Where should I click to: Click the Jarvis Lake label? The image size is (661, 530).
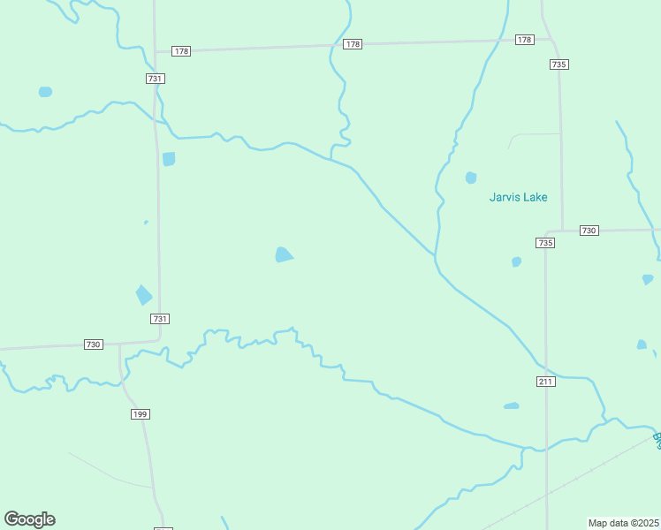[x=518, y=197]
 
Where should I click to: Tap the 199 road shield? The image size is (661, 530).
[x=140, y=413]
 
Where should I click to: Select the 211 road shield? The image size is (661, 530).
[x=545, y=381]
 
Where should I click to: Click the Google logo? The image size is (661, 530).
[x=29, y=519]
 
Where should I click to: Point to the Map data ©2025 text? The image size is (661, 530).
[x=623, y=523]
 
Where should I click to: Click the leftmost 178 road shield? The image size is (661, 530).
[x=181, y=51]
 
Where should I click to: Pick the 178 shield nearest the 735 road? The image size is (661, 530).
[x=525, y=40]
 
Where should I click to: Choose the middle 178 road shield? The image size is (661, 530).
[x=353, y=44]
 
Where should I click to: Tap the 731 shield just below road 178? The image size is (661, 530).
[x=156, y=79]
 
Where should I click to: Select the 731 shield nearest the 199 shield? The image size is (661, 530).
[x=160, y=319]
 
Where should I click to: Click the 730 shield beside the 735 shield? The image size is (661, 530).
[x=589, y=231]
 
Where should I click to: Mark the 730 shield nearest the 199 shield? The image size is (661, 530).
[x=94, y=344]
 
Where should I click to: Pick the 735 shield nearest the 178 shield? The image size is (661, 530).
[x=558, y=64]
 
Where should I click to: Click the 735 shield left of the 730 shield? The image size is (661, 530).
[x=545, y=243]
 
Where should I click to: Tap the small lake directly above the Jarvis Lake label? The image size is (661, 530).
[x=471, y=178]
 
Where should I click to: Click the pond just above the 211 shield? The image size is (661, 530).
[x=511, y=406]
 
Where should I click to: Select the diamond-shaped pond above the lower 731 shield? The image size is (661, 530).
[x=143, y=295]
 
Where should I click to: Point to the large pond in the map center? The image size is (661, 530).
[x=283, y=255]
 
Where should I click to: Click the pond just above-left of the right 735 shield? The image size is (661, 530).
[x=516, y=261]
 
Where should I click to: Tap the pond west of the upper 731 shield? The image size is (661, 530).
[x=45, y=92]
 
